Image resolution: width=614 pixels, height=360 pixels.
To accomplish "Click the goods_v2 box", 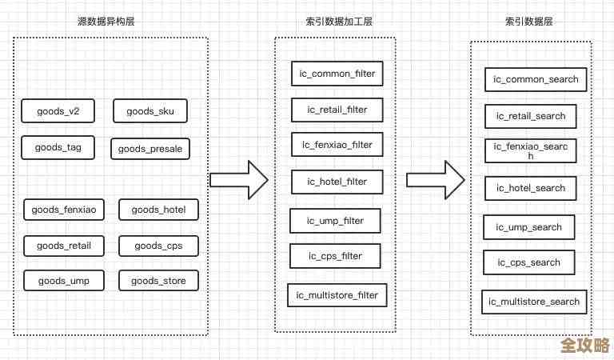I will tap(58, 111).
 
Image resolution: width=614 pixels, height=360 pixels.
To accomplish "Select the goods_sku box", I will tap(150, 111).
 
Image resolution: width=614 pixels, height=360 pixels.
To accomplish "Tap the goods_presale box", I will tap(150, 149).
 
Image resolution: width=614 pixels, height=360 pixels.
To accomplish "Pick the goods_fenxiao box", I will tap(64, 210).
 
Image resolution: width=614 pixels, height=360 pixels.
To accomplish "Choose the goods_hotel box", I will tap(158, 210).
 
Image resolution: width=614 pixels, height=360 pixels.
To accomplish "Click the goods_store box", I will tap(158, 281).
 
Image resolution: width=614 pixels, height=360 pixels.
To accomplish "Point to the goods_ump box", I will tap(63, 281).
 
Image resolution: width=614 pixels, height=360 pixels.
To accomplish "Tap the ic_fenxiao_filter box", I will tap(337, 145).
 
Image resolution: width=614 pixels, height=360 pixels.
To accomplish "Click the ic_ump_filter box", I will tap(335, 220).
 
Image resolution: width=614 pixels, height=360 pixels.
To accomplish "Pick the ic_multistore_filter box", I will tap(337, 295).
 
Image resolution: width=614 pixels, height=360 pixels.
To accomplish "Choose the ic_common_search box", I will tap(536, 79).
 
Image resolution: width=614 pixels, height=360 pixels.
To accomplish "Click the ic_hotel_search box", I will tap(531, 188).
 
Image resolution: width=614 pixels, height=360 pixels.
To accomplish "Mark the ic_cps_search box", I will tap(529, 262).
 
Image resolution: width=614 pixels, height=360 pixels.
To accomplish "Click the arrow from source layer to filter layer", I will tap(238, 180).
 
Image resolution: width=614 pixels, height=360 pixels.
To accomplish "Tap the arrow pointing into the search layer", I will tap(435, 180).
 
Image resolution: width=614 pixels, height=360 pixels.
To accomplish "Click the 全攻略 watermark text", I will tap(584, 346).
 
